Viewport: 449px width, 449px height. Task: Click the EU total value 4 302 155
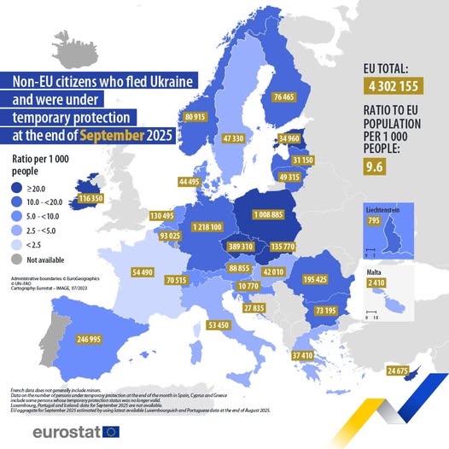tap(399, 86)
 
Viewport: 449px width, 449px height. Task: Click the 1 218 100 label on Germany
tap(202, 227)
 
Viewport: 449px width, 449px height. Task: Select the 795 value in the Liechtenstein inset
tap(373, 222)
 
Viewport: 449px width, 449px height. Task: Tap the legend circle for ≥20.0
tap(17, 189)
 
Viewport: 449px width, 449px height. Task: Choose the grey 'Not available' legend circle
tap(17, 259)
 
